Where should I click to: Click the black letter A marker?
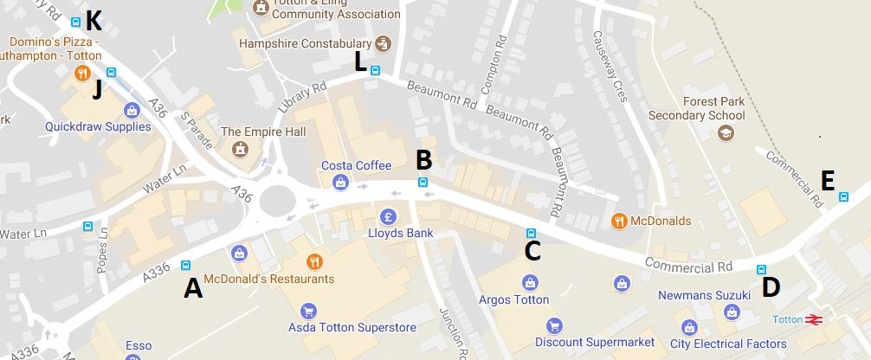193,288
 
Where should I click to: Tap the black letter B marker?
423,159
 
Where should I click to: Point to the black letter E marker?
828,180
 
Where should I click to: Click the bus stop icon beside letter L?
375,71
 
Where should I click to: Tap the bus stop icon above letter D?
762,269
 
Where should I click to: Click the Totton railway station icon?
813,319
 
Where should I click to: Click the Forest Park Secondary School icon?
724,133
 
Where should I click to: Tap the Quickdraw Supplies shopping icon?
132,110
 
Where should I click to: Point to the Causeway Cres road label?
608,65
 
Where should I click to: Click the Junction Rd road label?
453,333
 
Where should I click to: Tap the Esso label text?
139,346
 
